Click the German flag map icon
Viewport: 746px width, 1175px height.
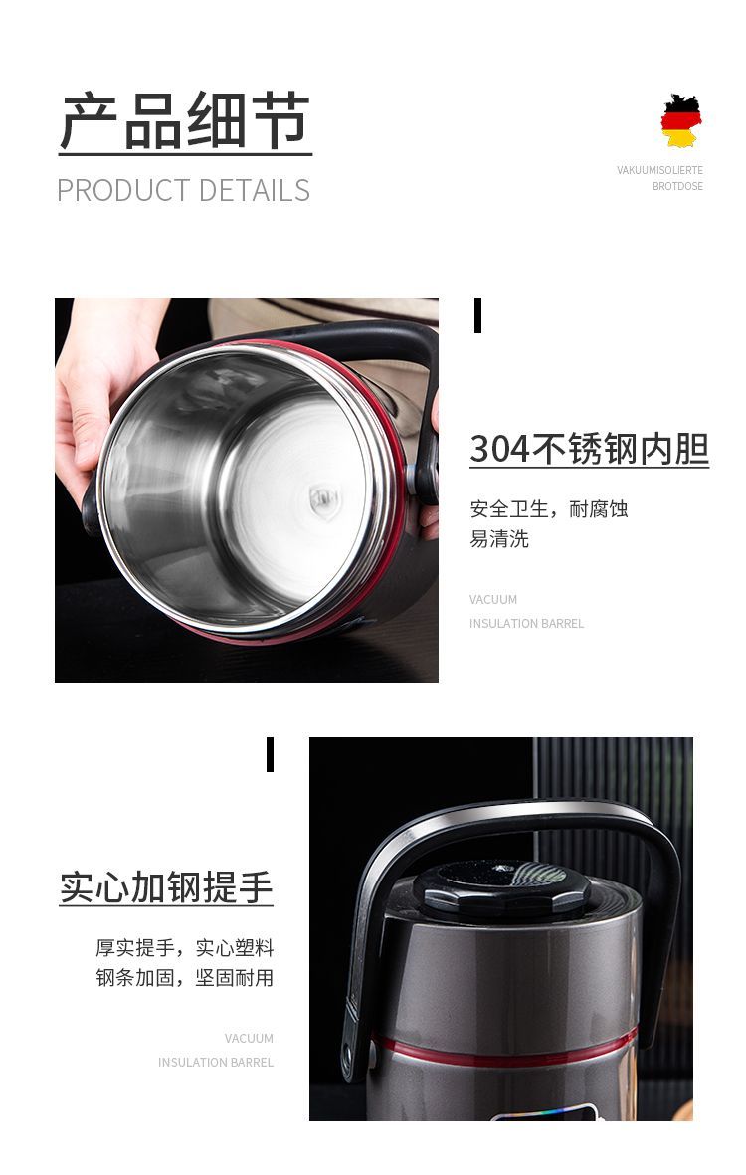click(x=680, y=120)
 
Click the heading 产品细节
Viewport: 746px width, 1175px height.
click(x=185, y=120)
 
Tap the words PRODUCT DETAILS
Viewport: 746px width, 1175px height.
click(x=183, y=190)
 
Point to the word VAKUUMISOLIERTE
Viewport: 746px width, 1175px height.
click(x=659, y=170)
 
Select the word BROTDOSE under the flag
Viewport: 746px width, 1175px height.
click(x=677, y=186)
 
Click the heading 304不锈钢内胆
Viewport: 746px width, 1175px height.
click(x=590, y=448)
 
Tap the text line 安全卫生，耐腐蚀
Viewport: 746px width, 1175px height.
click(x=549, y=508)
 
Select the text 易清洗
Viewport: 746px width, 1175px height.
click(x=499, y=539)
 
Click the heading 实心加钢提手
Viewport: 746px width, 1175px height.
click(x=165, y=887)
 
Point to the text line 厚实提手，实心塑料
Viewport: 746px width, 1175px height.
click(x=184, y=948)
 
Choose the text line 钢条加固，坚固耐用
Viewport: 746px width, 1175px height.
click(x=184, y=978)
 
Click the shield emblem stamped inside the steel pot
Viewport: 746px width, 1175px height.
click(x=324, y=500)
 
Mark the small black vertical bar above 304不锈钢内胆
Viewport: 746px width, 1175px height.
click(x=477, y=315)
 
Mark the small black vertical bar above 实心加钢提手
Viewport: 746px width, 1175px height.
click(x=271, y=754)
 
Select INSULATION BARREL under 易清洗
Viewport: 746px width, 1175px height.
click(x=526, y=624)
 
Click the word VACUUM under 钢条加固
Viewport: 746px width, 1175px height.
click(x=249, y=1039)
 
